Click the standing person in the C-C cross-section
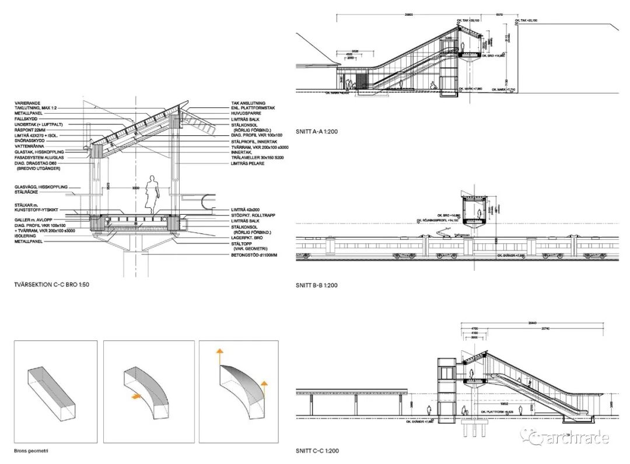click(153, 195)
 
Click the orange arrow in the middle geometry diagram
click(135, 396)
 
